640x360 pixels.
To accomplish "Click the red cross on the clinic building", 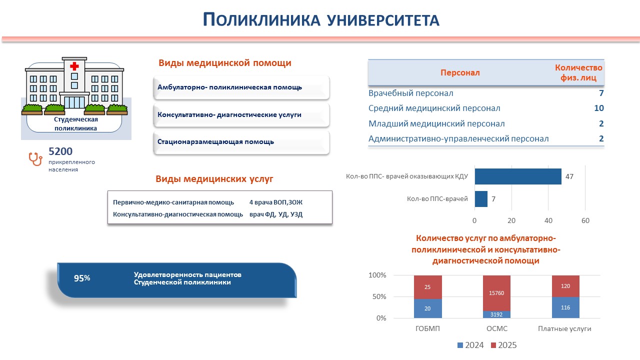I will [74, 66].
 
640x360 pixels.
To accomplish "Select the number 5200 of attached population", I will [60, 151].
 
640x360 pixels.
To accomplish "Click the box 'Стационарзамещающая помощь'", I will [242, 142].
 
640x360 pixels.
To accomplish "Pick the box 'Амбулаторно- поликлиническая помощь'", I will [242, 87].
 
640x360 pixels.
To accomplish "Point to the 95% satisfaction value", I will [82, 278].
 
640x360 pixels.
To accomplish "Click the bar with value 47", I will [517, 176].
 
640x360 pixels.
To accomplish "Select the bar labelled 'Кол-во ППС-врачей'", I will [480, 199].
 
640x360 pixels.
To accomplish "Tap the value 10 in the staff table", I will [599, 108].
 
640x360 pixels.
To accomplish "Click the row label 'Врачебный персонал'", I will [411, 93].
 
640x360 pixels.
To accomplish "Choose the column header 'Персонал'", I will [460, 73].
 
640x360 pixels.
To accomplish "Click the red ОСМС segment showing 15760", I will [496, 293].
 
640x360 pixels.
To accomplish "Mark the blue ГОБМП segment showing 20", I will [427, 308].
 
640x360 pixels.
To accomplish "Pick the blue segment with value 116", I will [565, 307].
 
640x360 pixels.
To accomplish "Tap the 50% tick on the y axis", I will [377, 297].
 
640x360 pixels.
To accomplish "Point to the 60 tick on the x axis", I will [585, 220].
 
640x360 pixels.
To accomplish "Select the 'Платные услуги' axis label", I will [564, 328].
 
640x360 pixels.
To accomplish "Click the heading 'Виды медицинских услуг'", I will [214, 179].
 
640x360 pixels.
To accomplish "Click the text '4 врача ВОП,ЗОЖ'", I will [276, 202].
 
